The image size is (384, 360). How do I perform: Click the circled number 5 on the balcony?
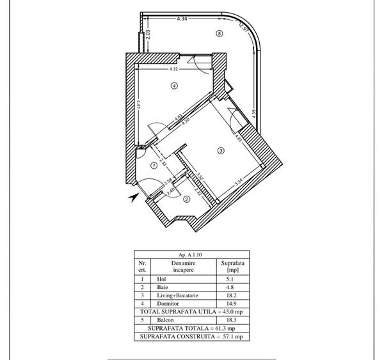point(220,33)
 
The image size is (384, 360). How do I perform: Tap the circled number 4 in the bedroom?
point(173,86)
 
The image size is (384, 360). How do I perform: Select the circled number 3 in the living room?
point(221,151)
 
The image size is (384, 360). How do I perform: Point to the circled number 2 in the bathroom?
point(187,199)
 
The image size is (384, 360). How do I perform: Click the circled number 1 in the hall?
point(154,165)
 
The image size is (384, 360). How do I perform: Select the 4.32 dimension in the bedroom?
point(173,69)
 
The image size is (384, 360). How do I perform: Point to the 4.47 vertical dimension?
point(138,102)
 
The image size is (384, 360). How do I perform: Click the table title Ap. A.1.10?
point(192,254)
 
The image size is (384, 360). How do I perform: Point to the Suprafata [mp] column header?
point(232,266)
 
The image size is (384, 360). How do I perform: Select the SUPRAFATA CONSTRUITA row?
point(192,336)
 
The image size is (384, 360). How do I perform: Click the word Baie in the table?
point(163,287)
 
